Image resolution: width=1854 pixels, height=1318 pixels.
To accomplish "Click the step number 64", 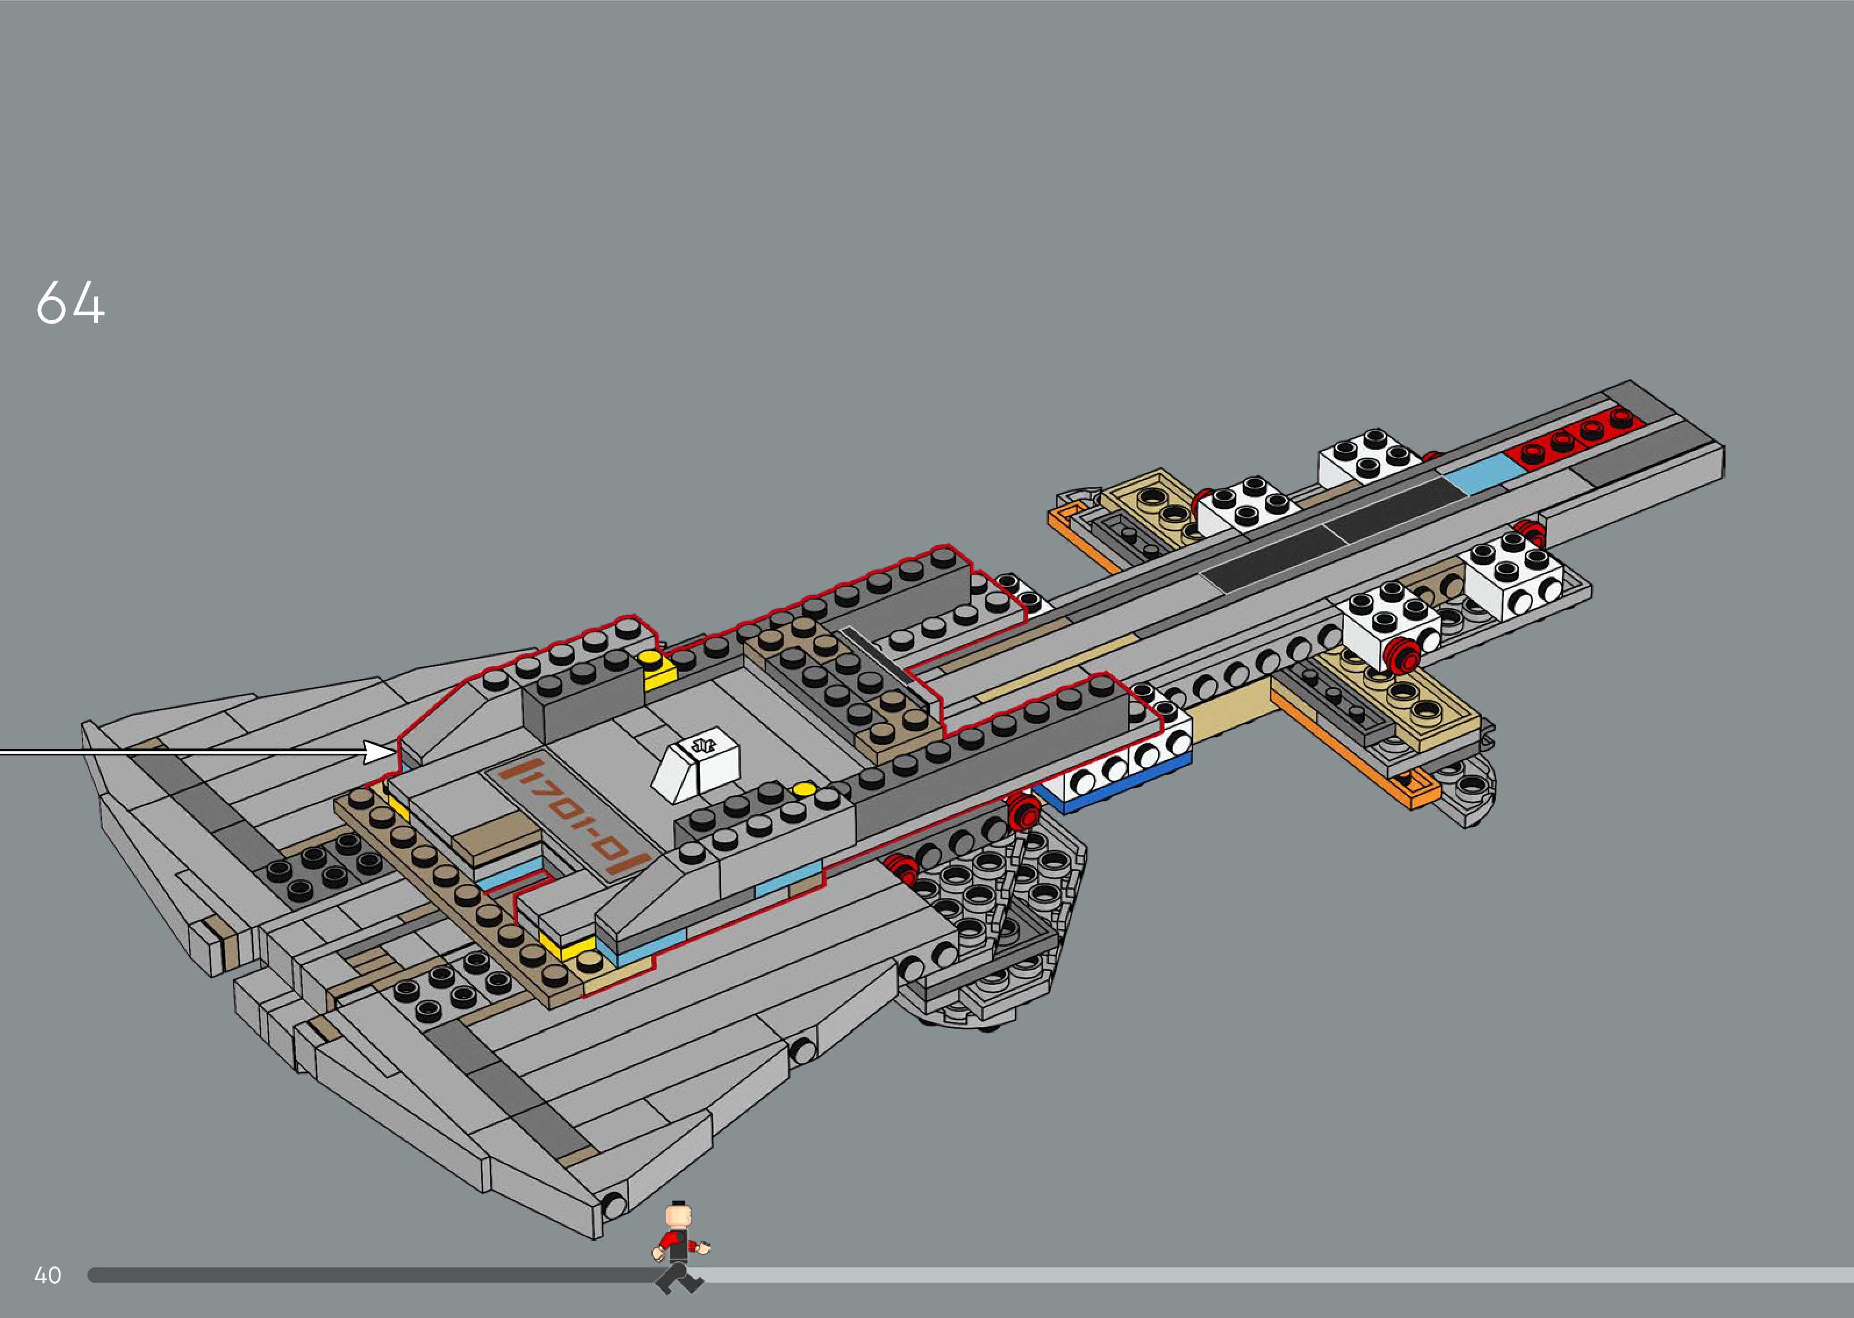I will coord(70,303).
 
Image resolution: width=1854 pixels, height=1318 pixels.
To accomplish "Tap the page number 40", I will coord(48,1275).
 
